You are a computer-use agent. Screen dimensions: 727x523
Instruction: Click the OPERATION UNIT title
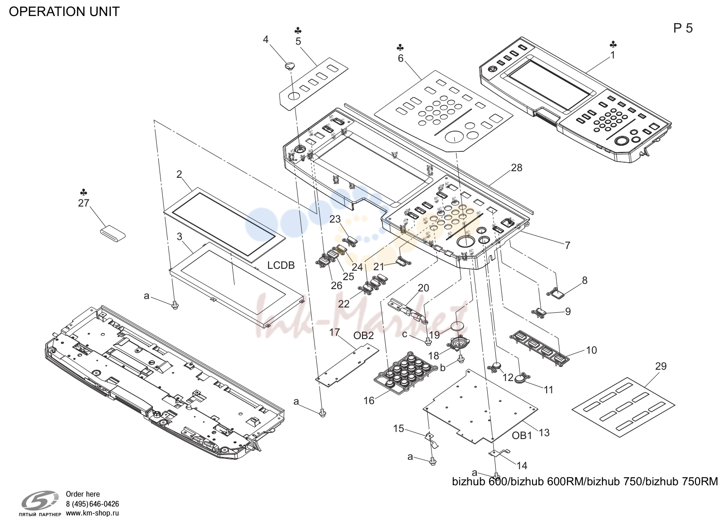(64, 12)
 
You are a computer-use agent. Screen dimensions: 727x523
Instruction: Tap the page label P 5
(683, 29)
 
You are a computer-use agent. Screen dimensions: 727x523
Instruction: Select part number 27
(84, 203)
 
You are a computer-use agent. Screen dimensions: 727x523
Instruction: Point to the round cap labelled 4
(290, 66)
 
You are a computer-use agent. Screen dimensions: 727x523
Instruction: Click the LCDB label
(281, 265)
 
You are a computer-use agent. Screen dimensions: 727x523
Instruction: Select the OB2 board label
(363, 336)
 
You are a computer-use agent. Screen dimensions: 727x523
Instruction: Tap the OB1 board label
(522, 436)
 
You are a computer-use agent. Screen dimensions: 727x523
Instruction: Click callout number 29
(660, 366)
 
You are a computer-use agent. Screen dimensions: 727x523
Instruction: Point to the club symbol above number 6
(400, 48)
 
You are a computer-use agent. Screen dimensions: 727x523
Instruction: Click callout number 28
(516, 167)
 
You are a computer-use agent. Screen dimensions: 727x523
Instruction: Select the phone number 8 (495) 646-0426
(93, 504)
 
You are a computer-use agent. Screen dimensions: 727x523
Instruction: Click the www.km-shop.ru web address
(93, 513)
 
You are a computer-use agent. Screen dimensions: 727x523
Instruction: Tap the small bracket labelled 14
(499, 453)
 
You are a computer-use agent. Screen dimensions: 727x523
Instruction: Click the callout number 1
(613, 56)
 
